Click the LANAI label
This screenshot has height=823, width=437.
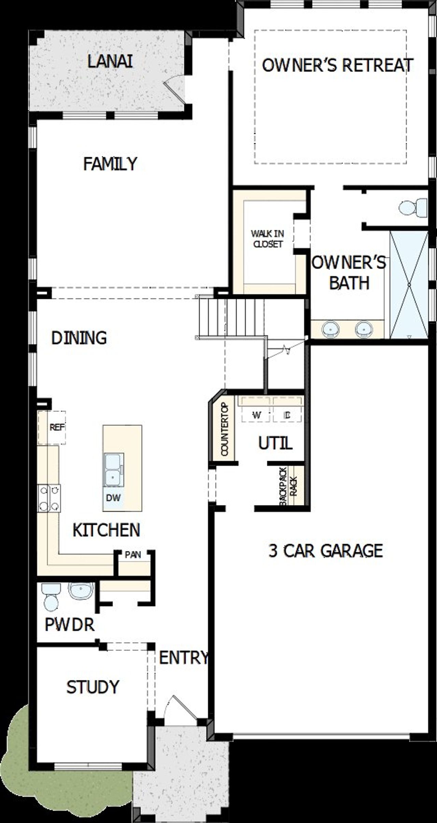coord(110,62)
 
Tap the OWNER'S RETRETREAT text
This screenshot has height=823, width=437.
coord(337,65)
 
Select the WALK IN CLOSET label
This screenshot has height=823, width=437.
coord(267,239)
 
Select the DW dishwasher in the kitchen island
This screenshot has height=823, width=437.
coord(113,498)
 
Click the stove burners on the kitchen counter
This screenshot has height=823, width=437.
coord(49,498)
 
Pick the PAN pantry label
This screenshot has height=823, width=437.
coord(133,554)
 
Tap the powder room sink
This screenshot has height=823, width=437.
coord(81,590)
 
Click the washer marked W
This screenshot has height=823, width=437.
coord(256,415)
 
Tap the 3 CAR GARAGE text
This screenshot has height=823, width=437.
coord(325,551)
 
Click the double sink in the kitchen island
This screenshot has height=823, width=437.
coord(113,469)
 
